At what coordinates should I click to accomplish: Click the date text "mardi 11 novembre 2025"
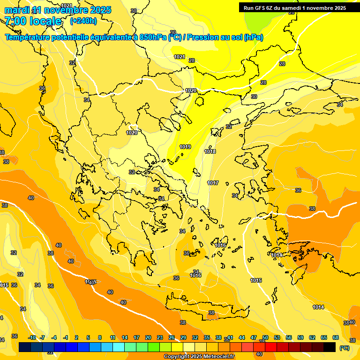[58, 10]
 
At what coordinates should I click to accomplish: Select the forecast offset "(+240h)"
[83, 21]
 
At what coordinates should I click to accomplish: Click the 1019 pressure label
[185, 147]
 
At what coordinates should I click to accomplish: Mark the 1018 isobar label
[210, 151]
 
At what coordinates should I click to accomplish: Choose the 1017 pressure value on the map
[213, 183]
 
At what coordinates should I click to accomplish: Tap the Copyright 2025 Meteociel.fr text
[199, 357]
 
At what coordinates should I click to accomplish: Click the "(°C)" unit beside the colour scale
[344, 348]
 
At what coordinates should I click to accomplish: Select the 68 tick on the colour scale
[336, 337]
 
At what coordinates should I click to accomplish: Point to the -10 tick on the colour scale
[32, 337]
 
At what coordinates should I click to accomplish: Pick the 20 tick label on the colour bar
[148, 337]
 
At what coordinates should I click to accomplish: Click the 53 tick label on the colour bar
[277, 337]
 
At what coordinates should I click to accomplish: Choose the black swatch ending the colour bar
[330, 347]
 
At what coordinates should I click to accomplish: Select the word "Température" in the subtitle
[29, 37]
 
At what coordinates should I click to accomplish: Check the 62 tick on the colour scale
[312, 337]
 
